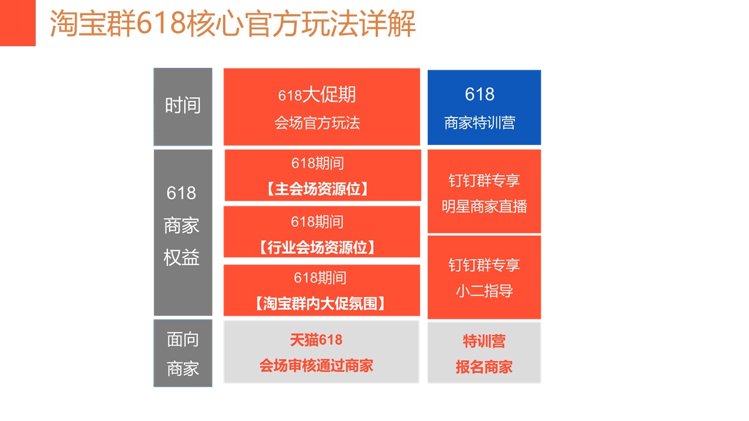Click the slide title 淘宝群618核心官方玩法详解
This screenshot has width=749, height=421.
(x=233, y=23)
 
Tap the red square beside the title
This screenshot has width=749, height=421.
(x=18, y=23)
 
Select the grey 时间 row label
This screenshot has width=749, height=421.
(x=183, y=106)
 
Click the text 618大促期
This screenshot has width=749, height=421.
(x=317, y=95)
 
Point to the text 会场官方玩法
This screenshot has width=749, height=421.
(x=317, y=123)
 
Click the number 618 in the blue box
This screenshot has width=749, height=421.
(x=479, y=94)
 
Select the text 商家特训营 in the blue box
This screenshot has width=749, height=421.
(x=480, y=123)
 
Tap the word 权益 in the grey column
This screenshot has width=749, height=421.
(x=181, y=258)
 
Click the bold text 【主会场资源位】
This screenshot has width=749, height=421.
(x=318, y=189)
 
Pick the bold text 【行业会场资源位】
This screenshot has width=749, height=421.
(x=317, y=247)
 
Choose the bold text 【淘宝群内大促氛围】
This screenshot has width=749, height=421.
(x=320, y=303)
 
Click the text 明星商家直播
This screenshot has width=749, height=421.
(x=484, y=206)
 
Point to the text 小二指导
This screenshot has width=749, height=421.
(x=484, y=291)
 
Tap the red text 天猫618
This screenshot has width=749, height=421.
(x=317, y=340)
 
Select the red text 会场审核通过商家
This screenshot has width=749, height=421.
(x=317, y=365)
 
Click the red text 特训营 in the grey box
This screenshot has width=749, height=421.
(x=484, y=341)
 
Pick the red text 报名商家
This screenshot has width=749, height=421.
(x=484, y=367)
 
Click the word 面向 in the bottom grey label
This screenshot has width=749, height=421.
(x=183, y=340)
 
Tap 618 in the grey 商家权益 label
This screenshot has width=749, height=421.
(x=181, y=193)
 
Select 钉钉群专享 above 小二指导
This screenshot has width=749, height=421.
(x=484, y=265)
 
